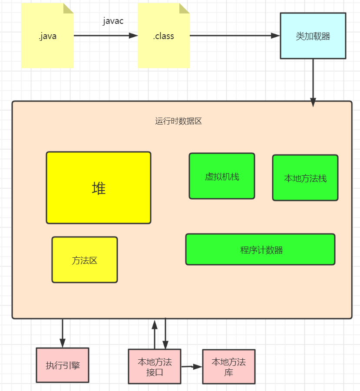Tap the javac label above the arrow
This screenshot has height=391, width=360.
click(x=113, y=21)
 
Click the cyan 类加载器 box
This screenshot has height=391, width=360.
click(x=313, y=36)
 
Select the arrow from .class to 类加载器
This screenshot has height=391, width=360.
click(x=234, y=36)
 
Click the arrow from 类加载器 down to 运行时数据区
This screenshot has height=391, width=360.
click(x=313, y=81)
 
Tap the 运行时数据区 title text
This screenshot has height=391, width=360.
click(x=178, y=122)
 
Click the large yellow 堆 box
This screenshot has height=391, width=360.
click(x=99, y=187)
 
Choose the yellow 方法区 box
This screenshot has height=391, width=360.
click(x=85, y=260)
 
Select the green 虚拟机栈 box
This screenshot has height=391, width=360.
click(x=222, y=176)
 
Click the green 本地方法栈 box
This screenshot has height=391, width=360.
click(x=305, y=178)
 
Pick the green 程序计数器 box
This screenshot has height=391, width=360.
click(x=261, y=250)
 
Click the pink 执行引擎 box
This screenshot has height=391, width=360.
click(x=63, y=365)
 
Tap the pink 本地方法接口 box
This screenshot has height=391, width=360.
click(x=155, y=367)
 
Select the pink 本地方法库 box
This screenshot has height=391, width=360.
click(x=229, y=367)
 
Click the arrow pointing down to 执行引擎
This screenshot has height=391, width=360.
click(x=63, y=333)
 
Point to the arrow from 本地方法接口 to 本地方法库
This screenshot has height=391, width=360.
click(x=192, y=367)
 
